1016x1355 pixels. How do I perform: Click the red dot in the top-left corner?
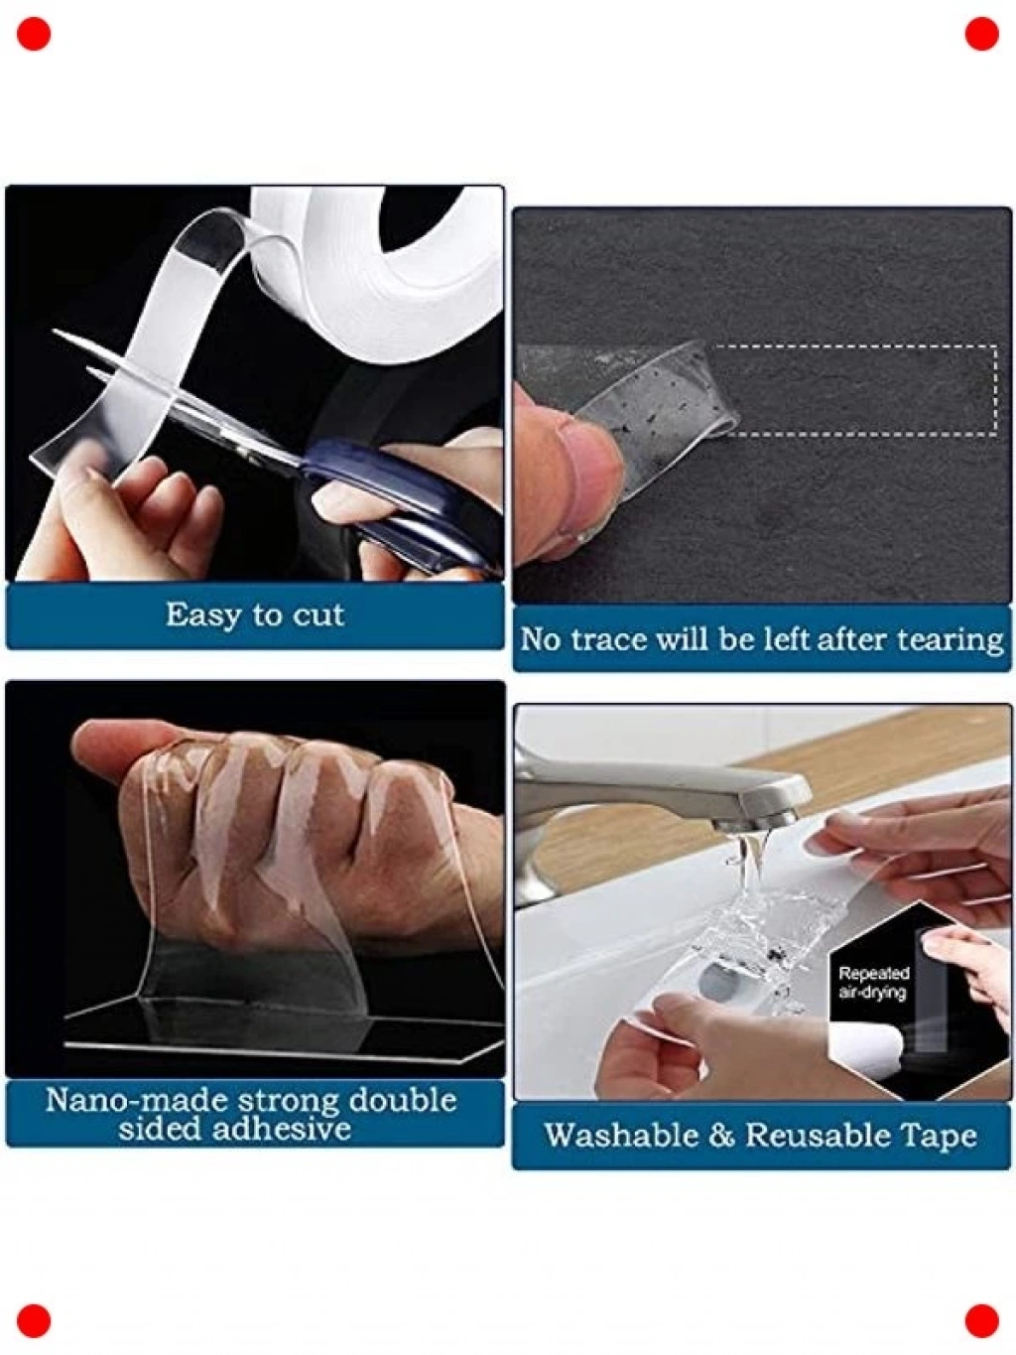click(x=34, y=34)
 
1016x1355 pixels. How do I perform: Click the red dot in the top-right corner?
click(x=981, y=34)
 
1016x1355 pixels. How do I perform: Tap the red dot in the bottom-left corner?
click(x=34, y=1321)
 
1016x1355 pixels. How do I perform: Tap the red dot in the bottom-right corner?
click(x=981, y=1321)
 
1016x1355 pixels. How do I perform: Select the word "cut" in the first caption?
click(x=317, y=616)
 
